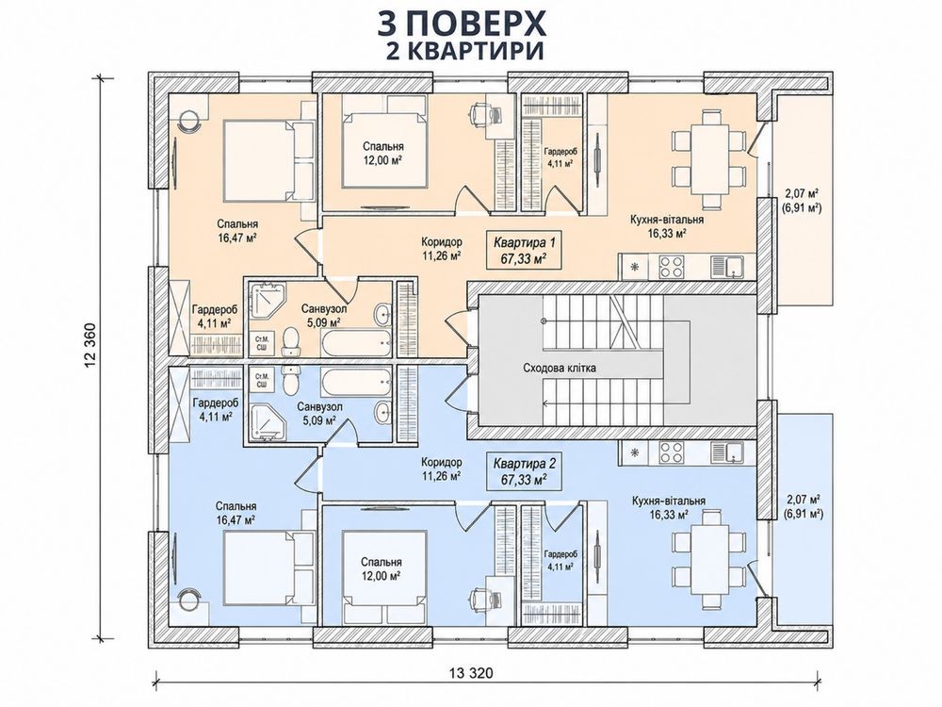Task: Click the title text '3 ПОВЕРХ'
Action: pos(462,24)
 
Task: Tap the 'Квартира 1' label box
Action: pos(525,250)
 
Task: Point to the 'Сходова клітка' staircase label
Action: pos(560,368)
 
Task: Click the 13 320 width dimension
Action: pos(470,673)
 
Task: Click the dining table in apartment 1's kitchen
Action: pos(709,158)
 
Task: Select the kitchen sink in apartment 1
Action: pos(726,266)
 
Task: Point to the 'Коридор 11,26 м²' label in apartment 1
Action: pos(441,249)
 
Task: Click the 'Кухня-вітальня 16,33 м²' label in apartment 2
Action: pos(668,507)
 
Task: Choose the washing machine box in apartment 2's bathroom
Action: pos(262,378)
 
